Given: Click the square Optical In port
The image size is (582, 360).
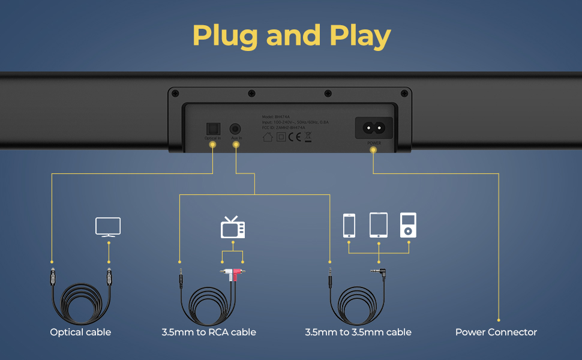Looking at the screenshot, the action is click(212, 128).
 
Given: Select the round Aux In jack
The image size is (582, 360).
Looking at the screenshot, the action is click(236, 128).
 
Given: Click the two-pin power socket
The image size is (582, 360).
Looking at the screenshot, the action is click(374, 128).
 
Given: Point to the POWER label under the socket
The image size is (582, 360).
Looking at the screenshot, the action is click(374, 143).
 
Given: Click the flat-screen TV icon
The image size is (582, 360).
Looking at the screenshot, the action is click(108, 227).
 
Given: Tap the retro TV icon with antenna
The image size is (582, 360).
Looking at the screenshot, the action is click(233, 228).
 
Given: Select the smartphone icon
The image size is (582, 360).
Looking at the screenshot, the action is click(349, 225).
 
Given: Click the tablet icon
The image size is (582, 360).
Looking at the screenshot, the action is click(379, 225).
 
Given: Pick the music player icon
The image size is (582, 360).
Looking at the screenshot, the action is click(408, 225).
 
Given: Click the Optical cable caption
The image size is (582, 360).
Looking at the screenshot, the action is click(80, 332).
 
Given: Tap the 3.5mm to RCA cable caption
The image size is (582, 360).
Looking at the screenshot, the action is click(209, 332).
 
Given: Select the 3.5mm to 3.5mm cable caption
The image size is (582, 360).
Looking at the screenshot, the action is click(358, 332).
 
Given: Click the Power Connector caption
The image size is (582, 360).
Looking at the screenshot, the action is click(496, 332).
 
